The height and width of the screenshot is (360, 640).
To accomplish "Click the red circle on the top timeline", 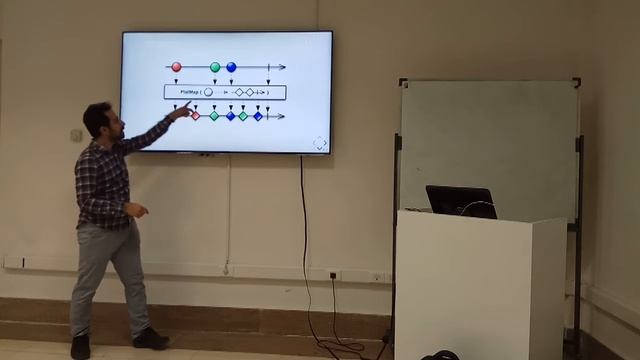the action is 176,67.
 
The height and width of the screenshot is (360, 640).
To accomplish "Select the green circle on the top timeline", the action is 215,67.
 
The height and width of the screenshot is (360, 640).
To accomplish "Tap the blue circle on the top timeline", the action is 231,67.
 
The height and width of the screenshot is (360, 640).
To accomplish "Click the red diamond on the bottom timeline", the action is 195,116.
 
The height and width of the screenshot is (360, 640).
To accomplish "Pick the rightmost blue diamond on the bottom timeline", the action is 258,116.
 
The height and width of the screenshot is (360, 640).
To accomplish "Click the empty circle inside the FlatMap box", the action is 208,92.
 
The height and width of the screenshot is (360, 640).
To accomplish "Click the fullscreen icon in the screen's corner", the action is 319,143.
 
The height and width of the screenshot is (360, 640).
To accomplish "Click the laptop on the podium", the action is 460,200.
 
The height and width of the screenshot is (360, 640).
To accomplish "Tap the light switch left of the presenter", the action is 76,135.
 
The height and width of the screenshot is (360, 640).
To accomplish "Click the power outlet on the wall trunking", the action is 333,275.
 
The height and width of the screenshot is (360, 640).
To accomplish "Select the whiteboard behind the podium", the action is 488,140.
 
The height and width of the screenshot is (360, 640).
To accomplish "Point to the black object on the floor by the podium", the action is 439,355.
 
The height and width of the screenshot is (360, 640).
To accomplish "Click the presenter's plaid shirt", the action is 103,180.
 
